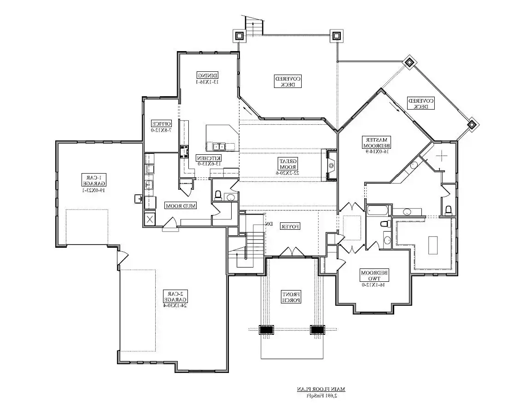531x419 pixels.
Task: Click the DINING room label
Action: [207, 78]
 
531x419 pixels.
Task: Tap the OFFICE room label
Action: [161, 126]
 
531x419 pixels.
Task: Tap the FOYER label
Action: [291, 226]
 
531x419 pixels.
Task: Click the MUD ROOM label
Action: [181, 206]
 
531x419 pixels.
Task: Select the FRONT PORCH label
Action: [292, 297]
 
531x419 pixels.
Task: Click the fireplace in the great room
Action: [331, 165]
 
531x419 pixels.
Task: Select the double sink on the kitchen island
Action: [219, 146]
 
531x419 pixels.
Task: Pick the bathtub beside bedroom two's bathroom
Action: [378, 211]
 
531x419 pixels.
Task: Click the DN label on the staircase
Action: [270, 224]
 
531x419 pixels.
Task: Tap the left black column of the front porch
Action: [266, 330]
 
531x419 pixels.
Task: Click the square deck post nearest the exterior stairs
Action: [239, 35]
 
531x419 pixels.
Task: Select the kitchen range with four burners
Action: [185, 151]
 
